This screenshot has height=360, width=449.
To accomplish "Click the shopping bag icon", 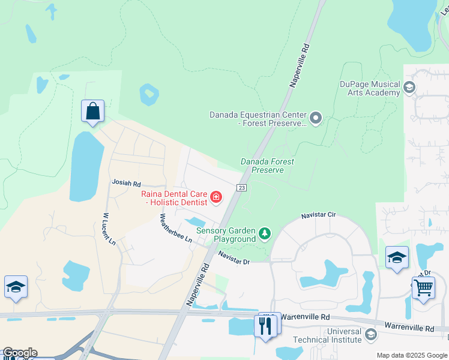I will [92, 112].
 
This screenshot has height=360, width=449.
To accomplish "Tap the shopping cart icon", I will [423, 287].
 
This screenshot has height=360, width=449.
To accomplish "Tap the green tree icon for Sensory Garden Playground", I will [264, 232].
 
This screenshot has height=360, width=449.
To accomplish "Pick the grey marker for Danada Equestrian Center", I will [316, 118].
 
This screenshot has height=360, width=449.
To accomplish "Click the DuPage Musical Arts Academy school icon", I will [409, 88].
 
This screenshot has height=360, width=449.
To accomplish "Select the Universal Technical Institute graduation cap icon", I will [371, 334].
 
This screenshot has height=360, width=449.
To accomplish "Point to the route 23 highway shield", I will [241, 187].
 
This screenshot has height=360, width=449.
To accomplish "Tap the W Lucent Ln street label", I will [109, 229].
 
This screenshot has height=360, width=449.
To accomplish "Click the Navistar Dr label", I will [234, 258].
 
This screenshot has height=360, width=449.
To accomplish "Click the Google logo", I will [19, 353].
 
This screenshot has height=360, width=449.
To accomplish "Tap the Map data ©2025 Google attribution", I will [412, 355].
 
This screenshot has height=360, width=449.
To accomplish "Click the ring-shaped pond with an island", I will [149, 94].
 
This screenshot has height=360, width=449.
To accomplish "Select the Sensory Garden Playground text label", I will [226, 235].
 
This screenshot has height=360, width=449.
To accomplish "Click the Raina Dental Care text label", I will [174, 198].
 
